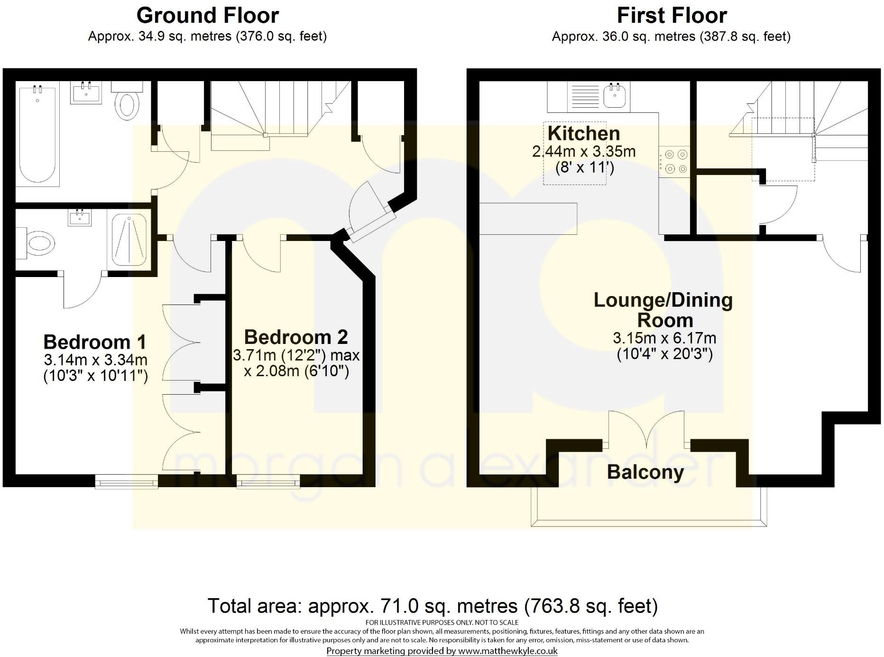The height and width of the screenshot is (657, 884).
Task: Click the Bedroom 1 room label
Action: (x=95, y=342)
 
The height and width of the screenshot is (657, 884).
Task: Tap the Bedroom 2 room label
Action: (x=296, y=337)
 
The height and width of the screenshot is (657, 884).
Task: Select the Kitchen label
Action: (x=584, y=133)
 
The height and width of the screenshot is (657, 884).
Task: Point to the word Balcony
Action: (x=645, y=472)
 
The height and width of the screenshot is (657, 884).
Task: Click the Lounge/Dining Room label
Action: (x=663, y=310)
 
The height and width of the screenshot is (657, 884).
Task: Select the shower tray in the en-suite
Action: (x=129, y=239)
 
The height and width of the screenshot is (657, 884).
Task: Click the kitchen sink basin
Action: (x=615, y=96)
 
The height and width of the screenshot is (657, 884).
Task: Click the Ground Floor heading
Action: (x=207, y=16)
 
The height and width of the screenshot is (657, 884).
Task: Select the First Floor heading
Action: (x=672, y=16)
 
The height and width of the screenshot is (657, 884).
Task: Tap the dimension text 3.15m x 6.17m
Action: (x=664, y=338)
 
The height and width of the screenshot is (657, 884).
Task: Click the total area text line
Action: (x=433, y=606)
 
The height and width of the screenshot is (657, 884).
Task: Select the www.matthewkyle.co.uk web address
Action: (x=507, y=651)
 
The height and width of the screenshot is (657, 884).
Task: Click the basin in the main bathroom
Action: (x=86, y=93)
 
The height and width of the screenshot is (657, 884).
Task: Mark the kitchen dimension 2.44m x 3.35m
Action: (x=584, y=152)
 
